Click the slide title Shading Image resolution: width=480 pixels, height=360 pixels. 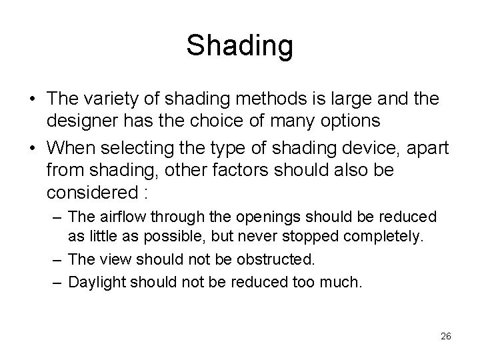coord(239,45)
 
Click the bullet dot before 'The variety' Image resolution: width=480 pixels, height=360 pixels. coord(31,99)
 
